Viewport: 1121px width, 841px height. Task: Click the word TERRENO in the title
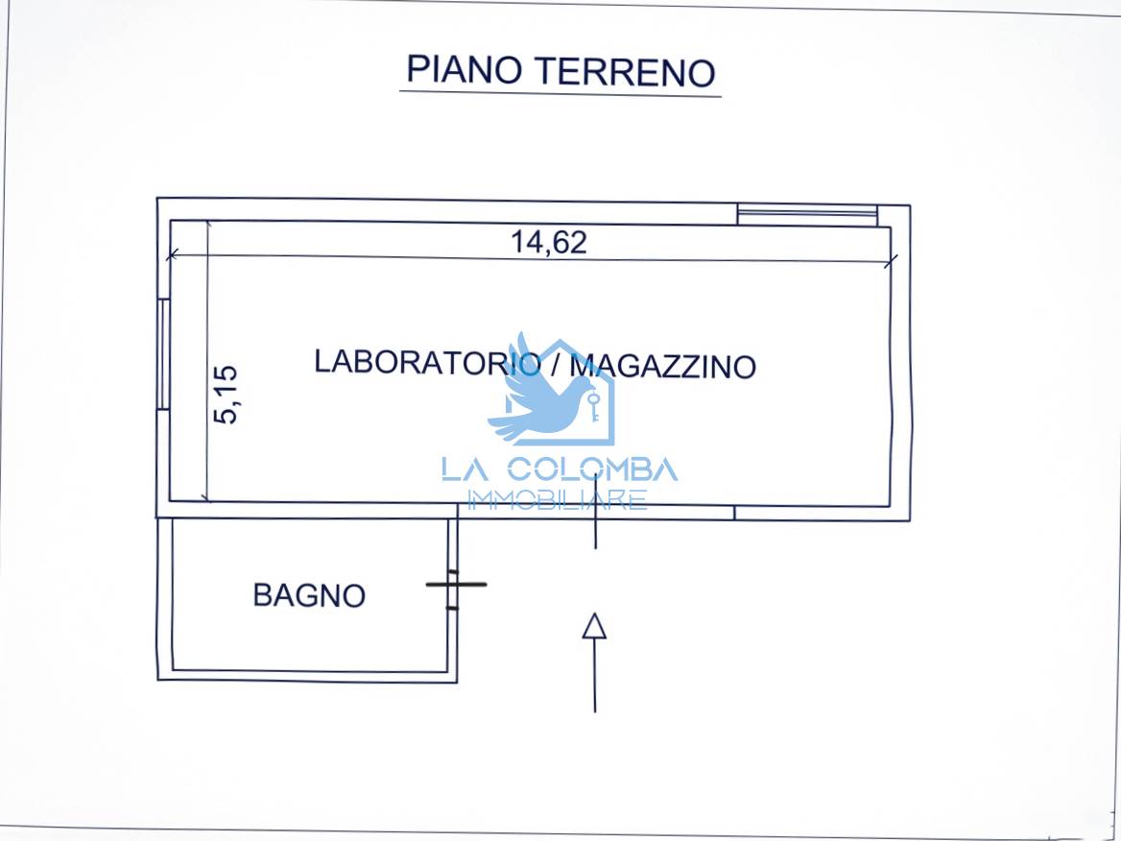(x=626, y=72)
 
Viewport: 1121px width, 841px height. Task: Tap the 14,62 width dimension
(x=548, y=242)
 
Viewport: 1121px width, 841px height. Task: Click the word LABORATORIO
(x=427, y=362)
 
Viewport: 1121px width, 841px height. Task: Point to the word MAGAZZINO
(x=663, y=366)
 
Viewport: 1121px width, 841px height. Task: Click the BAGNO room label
(x=309, y=595)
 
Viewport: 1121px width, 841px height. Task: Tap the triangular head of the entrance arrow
(x=594, y=626)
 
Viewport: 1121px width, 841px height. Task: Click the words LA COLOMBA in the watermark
(x=560, y=469)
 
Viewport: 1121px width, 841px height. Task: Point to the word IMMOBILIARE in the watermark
(x=557, y=499)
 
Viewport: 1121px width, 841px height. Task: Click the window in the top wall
(x=807, y=214)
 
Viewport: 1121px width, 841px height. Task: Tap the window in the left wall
(x=164, y=354)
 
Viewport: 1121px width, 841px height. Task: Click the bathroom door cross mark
(x=455, y=585)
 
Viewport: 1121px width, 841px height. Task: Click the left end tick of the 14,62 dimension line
(x=172, y=254)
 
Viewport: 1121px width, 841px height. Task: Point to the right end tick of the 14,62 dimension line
(x=890, y=262)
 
